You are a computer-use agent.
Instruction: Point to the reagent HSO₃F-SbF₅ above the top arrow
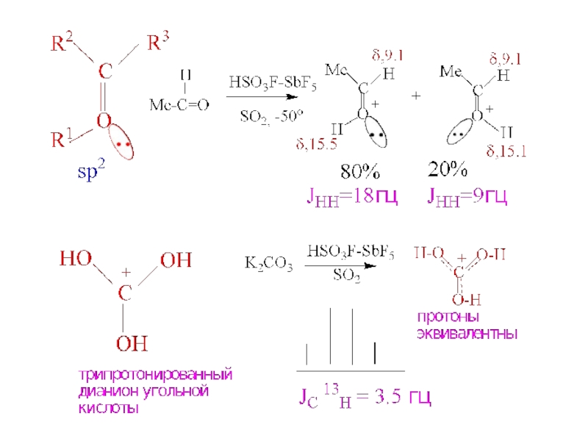pos(273,83)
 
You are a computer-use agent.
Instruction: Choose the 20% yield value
pos(448,171)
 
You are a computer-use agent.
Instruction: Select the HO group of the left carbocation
pos(76,259)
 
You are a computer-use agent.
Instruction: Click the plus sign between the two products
pos(417,96)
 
